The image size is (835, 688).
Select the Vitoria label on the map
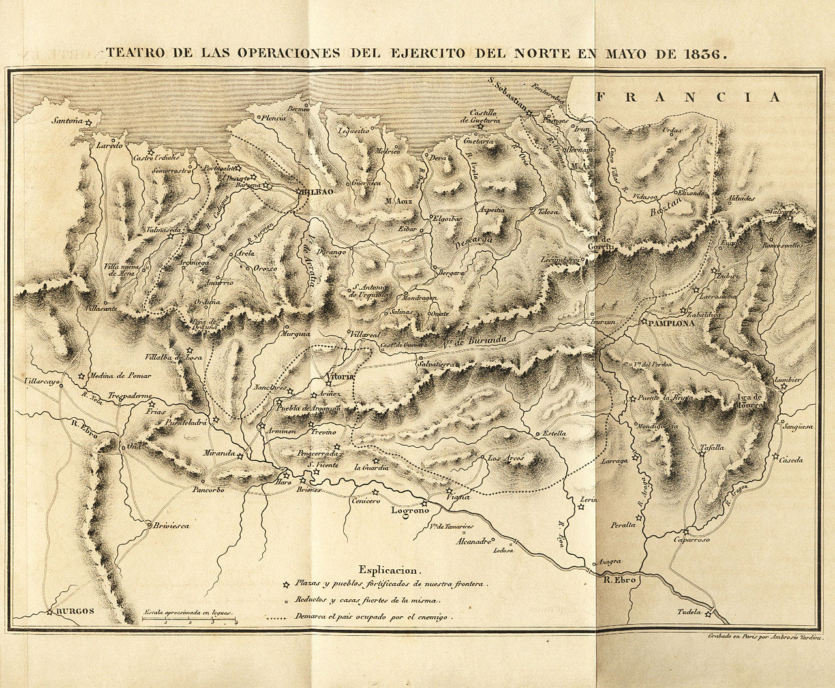[x=339, y=377]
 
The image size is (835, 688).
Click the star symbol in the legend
[x=285, y=584]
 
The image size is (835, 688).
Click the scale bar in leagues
[x=189, y=618]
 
